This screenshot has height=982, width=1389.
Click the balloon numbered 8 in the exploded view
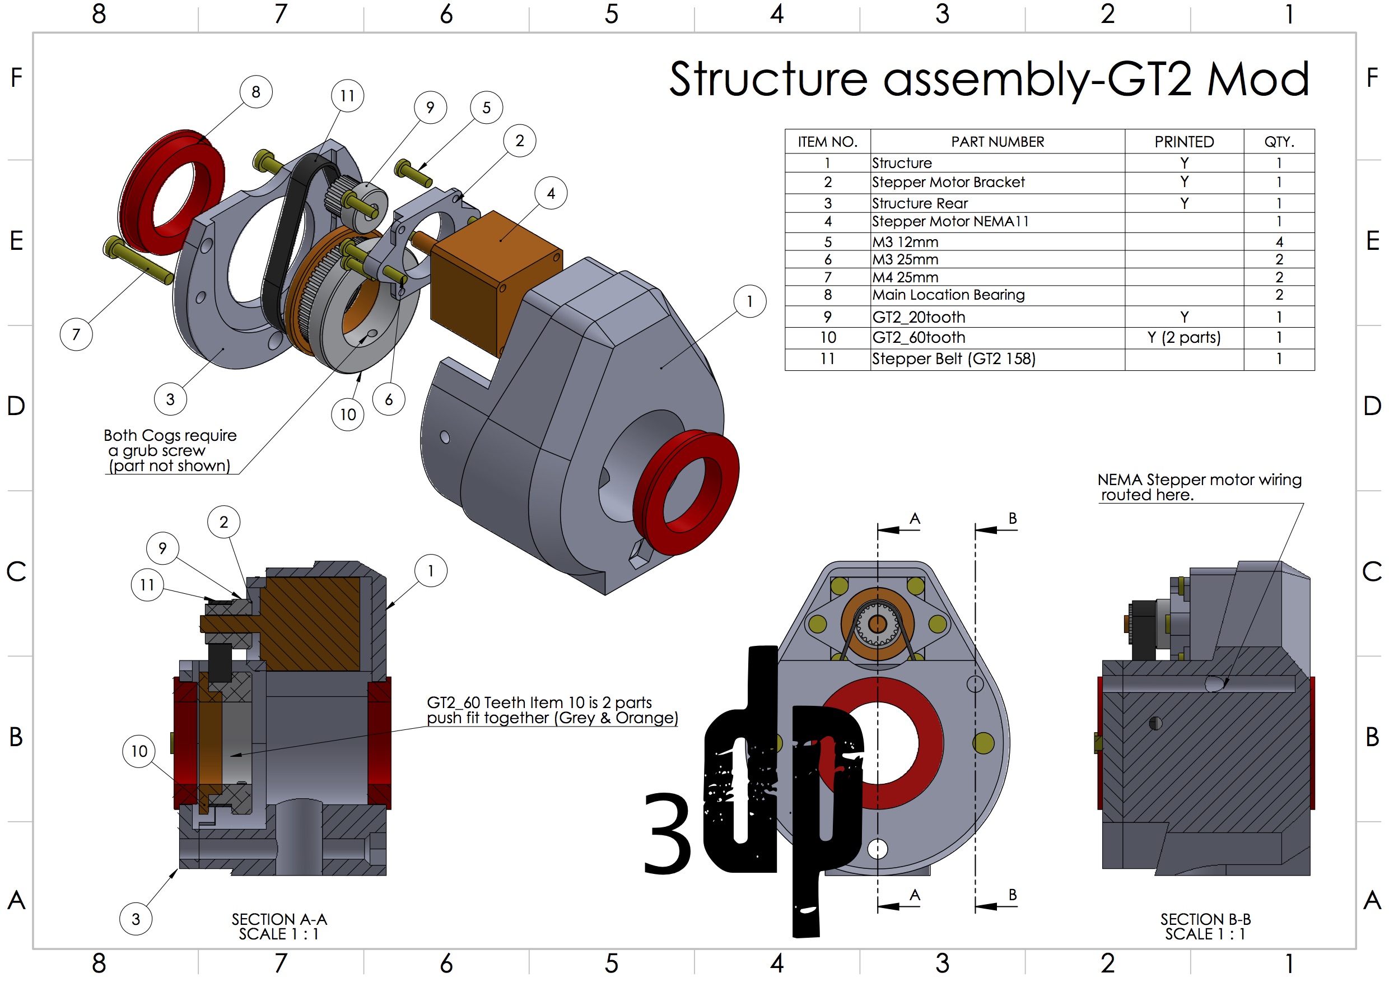(x=256, y=92)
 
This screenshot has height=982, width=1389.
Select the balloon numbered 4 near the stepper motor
(x=551, y=193)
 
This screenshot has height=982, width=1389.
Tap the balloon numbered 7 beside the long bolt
(x=76, y=334)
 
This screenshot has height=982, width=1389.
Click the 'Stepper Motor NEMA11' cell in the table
(x=950, y=221)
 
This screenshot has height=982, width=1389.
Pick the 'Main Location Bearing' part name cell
(x=948, y=295)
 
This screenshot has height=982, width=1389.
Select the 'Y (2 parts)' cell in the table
(x=1183, y=338)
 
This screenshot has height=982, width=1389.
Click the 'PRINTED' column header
(x=1183, y=142)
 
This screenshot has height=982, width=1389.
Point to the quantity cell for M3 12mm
(x=1278, y=242)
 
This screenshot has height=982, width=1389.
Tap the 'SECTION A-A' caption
(x=279, y=919)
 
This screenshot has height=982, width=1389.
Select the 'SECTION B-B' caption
(x=1205, y=919)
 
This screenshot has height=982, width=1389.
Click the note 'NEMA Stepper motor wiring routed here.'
(x=1199, y=487)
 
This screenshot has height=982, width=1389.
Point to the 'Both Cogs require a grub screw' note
(x=169, y=450)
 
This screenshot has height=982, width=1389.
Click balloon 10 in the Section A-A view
(x=139, y=751)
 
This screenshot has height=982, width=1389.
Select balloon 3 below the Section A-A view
(x=136, y=919)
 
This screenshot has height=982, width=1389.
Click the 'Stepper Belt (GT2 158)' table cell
(x=953, y=359)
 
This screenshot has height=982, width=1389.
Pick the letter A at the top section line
(x=915, y=519)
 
